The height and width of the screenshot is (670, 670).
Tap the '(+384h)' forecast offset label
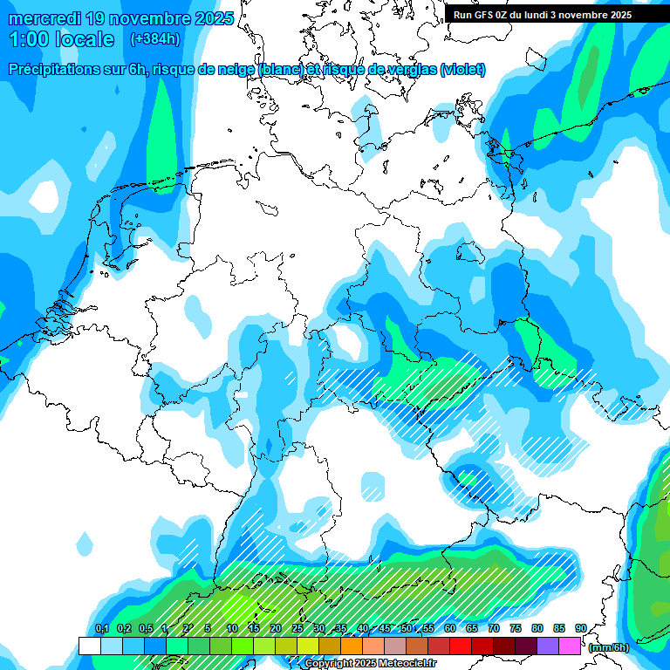click(154, 38)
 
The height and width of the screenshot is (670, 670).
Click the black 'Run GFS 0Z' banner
click(541, 14)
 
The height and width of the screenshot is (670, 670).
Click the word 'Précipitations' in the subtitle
click(51, 70)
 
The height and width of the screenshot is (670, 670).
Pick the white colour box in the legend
click(89, 646)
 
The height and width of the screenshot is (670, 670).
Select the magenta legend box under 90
click(569, 646)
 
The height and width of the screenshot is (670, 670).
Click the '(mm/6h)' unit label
click(610, 647)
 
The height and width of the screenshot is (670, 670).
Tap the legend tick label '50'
click(406, 628)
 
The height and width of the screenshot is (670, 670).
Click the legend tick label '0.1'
click(101, 628)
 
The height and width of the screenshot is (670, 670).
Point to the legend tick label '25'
click(297, 628)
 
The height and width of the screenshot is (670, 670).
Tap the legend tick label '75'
click(515, 628)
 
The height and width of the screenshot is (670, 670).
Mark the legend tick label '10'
click(231, 628)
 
